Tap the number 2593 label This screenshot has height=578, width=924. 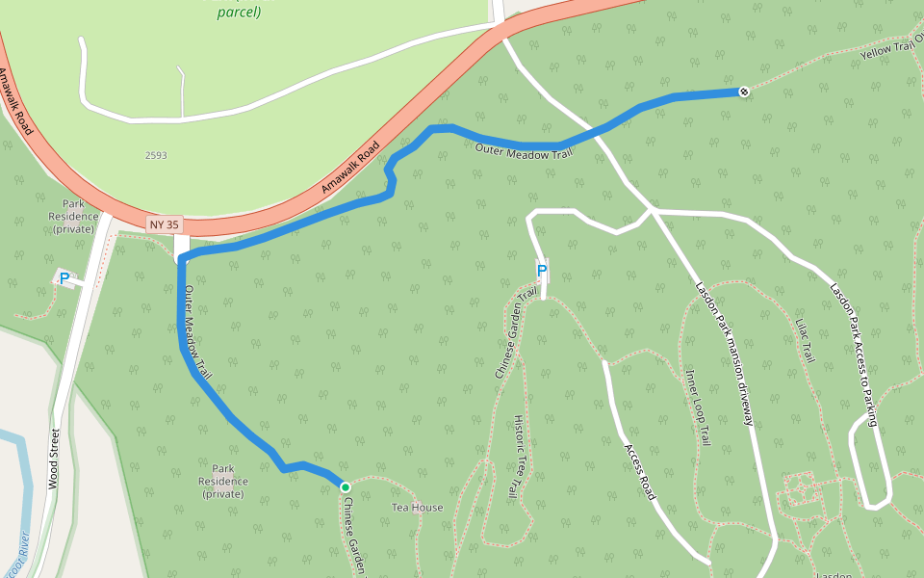click(x=156, y=155)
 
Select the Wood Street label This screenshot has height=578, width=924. click(x=54, y=459)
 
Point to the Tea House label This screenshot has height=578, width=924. click(x=417, y=508)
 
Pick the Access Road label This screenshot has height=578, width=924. click(x=640, y=472)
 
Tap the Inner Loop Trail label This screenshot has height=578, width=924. click(x=698, y=407)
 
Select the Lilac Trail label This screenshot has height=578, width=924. click(x=806, y=340)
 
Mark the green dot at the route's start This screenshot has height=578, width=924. click(x=345, y=487)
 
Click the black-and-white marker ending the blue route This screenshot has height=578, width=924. click(x=744, y=92)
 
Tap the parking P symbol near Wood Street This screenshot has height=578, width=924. click(x=64, y=279)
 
